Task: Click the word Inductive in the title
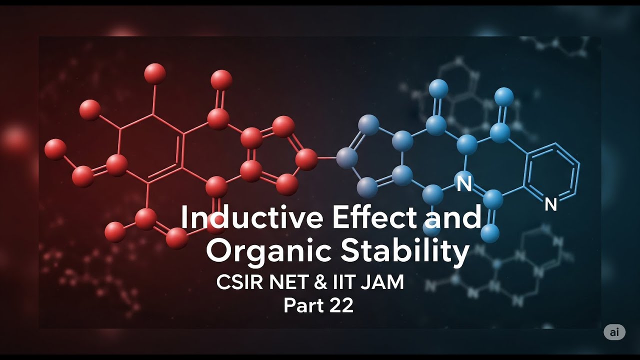(252, 217)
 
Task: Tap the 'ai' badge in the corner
(614, 332)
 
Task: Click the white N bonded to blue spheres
(464, 183)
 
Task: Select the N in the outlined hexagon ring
(550, 204)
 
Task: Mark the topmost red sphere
(155, 73)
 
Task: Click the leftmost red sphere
(55, 149)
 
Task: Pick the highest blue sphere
(438, 89)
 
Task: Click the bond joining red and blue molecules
(327, 157)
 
